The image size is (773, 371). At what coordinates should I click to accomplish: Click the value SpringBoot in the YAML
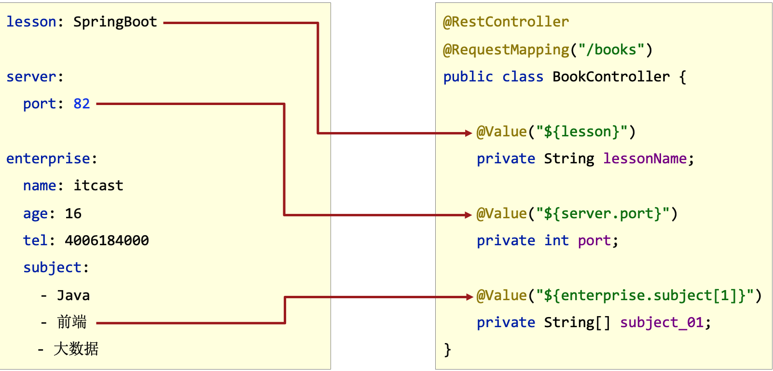pos(115,22)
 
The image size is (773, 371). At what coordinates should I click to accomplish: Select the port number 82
pos(82,104)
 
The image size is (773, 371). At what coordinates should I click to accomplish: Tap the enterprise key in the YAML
pos(48,159)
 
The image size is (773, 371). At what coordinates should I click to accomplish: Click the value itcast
pos(98,186)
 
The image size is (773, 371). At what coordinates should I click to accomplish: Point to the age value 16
pos(73,214)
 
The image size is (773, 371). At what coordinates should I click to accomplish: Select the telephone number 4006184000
pos(107,241)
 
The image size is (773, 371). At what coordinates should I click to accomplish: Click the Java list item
pos(73,296)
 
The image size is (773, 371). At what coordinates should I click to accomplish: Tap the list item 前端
pos(72,322)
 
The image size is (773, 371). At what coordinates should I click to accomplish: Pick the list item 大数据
pos(76,349)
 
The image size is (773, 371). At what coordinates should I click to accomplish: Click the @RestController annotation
pos(506,22)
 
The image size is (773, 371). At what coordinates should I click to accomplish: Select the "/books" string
pos(611,50)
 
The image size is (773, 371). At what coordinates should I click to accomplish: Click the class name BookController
pos(611,77)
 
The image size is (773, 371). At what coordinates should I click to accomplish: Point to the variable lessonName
pos(645,159)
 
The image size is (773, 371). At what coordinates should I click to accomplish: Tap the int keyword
pos(556,241)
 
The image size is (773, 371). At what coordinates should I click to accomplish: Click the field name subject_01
pos(662,323)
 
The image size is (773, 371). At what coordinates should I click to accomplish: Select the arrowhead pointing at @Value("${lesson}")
pos(468,133)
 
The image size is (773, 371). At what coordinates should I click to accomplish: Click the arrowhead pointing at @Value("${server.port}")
pos(468,215)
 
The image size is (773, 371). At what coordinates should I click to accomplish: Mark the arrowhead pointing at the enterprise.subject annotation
pos(469,297)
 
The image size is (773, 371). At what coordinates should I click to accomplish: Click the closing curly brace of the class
pos(447,350)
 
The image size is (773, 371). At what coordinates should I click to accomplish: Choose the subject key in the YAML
pos(52,268)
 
